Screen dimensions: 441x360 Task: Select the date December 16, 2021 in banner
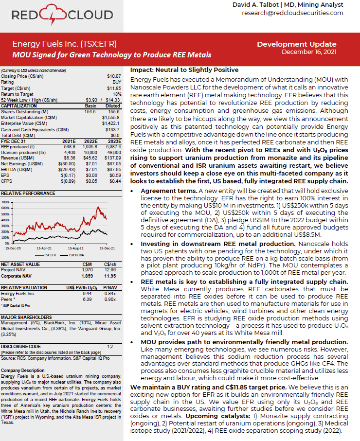(x=309, y=52)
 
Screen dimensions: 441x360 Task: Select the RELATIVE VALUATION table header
(x=21, y=287)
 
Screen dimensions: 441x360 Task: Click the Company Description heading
(x=20, y=370)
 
